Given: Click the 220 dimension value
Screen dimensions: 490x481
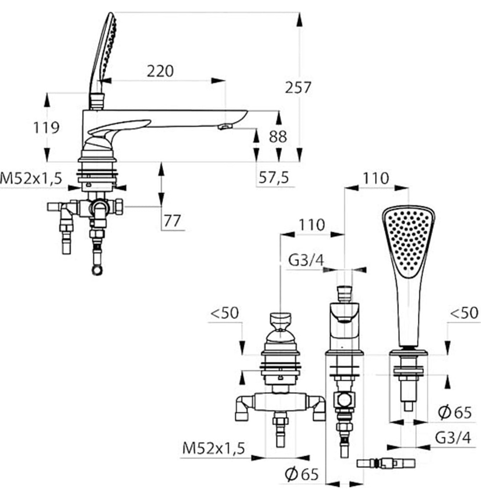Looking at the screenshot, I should [x=160, y=71].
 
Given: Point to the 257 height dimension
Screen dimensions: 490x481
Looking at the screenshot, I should [x=298, y=88].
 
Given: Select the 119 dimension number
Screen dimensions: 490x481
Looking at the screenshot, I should [x=46, y=128].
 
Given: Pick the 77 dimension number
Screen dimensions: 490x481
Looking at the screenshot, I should [x=173, y=221].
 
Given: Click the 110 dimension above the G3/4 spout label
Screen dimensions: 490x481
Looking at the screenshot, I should [x=312, y=225].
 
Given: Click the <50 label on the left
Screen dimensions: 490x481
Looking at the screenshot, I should [x=224, y=313].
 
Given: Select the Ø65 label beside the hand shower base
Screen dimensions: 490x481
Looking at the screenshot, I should [x=455, y=412].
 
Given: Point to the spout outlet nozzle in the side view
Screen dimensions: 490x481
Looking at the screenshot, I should [x=224, y=127].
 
